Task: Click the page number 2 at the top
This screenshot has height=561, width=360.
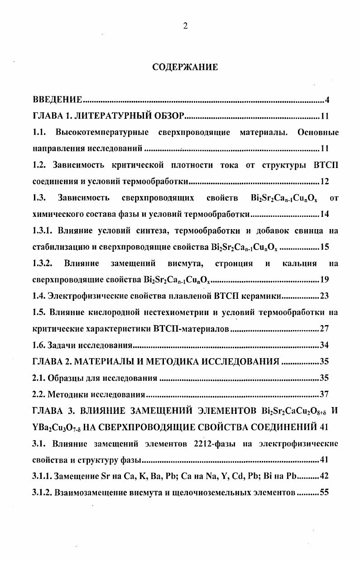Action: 185,26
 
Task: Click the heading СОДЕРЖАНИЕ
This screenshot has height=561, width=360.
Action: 185,67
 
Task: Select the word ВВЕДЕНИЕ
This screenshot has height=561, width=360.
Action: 58,100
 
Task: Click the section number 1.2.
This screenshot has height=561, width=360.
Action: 40,165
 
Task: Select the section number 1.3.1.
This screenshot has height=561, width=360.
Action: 43,231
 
